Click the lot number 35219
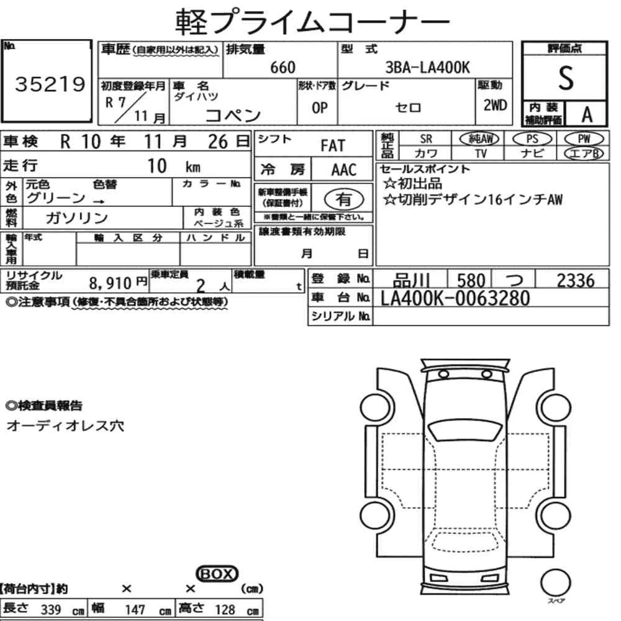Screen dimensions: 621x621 (x=50, y=84)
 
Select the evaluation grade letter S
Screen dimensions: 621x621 (x=566, y=78)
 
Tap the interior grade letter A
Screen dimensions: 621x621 (x=587, y=115)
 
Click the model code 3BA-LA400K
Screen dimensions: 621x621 (x=428, y=67)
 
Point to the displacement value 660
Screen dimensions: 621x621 (x=283, y=67)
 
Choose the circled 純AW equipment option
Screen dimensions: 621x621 (x=479, y=138)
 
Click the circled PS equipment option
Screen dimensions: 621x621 (x=532, y=138)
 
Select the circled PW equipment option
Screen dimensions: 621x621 (x=584, y=138)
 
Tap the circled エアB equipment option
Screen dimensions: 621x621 (x=584, y=153)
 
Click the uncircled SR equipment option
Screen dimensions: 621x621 (x=426, y=139)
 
